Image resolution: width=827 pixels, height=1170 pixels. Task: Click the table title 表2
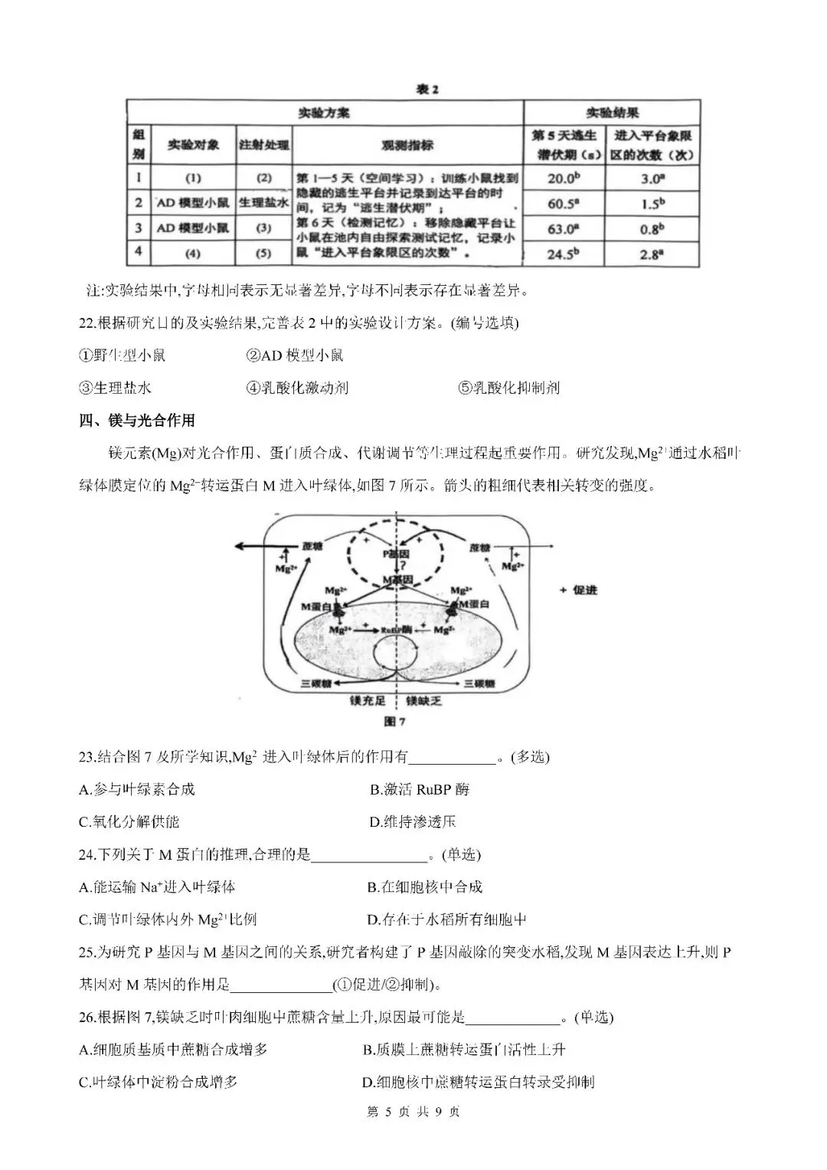tap(427, 90)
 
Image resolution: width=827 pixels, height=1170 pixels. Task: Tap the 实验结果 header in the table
tap(612, 113)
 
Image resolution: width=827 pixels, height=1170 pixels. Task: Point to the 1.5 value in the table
tap(652, 204)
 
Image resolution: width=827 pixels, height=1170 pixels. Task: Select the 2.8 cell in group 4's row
tap(652, 254)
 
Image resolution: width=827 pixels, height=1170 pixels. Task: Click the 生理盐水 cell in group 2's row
tap(263, 203)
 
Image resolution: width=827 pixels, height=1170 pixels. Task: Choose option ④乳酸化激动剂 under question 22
tap(297, 388)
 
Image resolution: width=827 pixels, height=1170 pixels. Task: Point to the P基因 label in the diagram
tap(396, 553)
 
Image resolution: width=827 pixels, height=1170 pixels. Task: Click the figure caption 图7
tap(394, 722)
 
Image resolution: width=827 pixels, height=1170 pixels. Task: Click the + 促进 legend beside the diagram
tap(578, 590)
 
